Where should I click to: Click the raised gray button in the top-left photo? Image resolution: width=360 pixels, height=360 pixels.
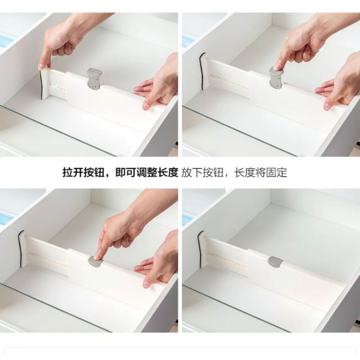coord(94,78)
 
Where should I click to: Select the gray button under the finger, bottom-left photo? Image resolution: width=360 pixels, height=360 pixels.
coord(96,261)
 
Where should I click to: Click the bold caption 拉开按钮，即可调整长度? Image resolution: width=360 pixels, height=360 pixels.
coord(120,173)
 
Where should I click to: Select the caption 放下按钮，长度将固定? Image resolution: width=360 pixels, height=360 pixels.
coord(234,173)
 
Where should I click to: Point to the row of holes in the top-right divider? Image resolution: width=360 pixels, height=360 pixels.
coord(232,83)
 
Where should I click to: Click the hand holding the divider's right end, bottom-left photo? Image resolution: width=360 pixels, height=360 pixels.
coord(158,264)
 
